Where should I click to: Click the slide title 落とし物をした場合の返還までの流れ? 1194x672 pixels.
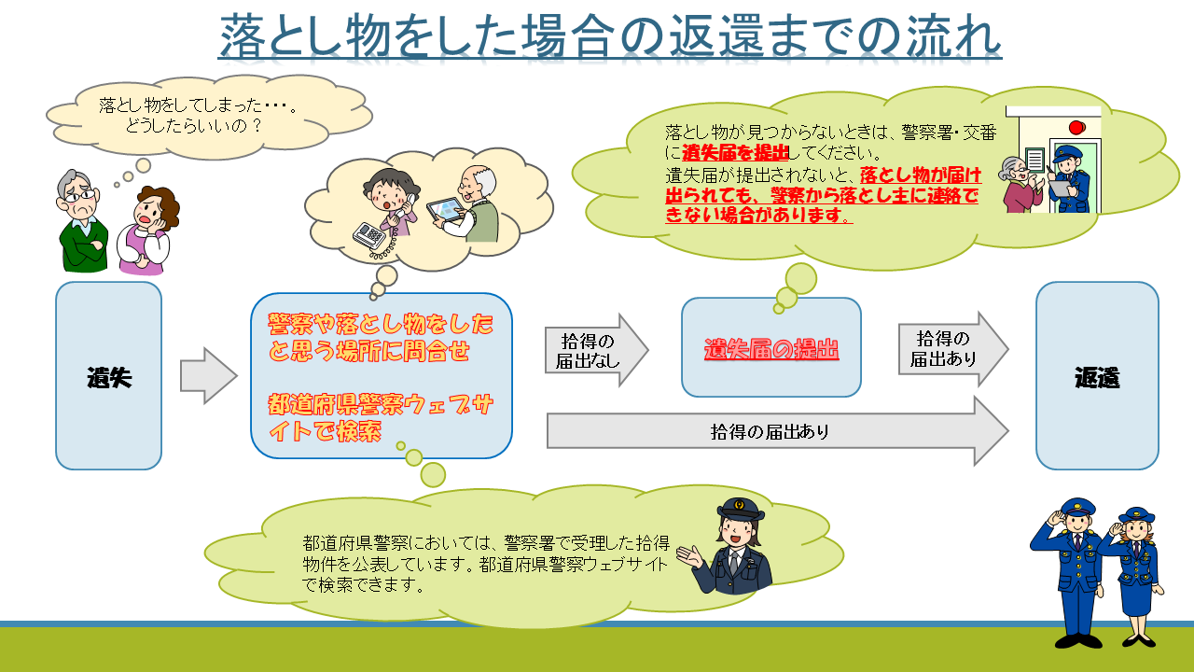(x=610, y=35)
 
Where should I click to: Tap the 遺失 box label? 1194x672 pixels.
(x=109, y=378)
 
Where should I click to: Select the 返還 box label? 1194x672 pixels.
(x=1097, y=378)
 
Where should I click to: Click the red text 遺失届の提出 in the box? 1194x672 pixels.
(x=771, y=349)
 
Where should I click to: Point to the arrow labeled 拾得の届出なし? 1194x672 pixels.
(x=596, y=350)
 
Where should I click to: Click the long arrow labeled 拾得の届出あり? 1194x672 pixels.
(x=778, y=431)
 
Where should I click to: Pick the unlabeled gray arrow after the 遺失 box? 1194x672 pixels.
(x=208, y=376)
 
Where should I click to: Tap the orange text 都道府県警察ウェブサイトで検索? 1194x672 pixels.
(x=380, y=418)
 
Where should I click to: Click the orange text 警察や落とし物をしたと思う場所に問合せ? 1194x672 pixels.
(x=380, y=337)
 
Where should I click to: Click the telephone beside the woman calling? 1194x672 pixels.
(x=369, y=236)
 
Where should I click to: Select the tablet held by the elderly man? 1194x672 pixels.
(x=445, y=210)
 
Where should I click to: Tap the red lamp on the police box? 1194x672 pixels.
(x=1076, y=128)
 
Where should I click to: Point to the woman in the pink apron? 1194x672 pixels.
(x=147, y=231)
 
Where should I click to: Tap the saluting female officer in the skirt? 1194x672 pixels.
(x=1132, y=576)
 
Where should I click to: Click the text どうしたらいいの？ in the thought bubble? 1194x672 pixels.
(x=193, y=126)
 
